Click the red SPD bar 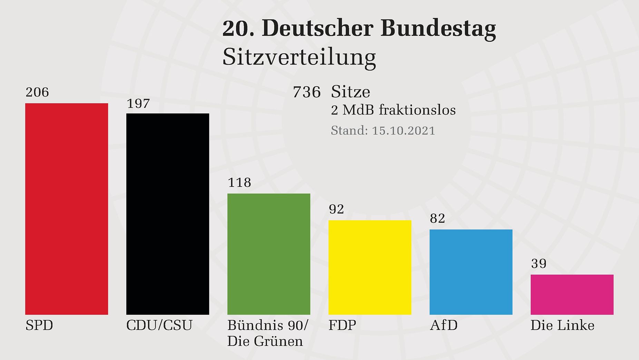click(x=67, y=209)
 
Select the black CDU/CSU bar click(x=168, y=214)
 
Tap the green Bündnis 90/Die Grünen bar click(x=269, y=254)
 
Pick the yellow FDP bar click(x=370, y=267)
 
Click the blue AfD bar click(x=471, y=272)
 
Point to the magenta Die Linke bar click(x=572, y=294)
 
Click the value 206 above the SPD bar click(x=37, y=92)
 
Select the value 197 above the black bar click(x=138, y=103)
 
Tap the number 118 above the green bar click(x=239, y=182)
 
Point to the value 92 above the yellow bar click(x=336, y=209)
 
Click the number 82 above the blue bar click(x=438, y=219)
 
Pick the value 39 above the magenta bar click(x=539, y=264)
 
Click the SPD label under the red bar click(x=39, y=326)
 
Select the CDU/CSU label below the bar click(x=159, y=326)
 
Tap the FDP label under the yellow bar click(x=342, y=326)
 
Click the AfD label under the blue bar click(x=444, y=326)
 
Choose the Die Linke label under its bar click(x=562, y=326)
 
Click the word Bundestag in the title click(x=438, y=29)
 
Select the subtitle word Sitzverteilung click(x=299, y=57)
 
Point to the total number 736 click(x=307, y=92)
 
